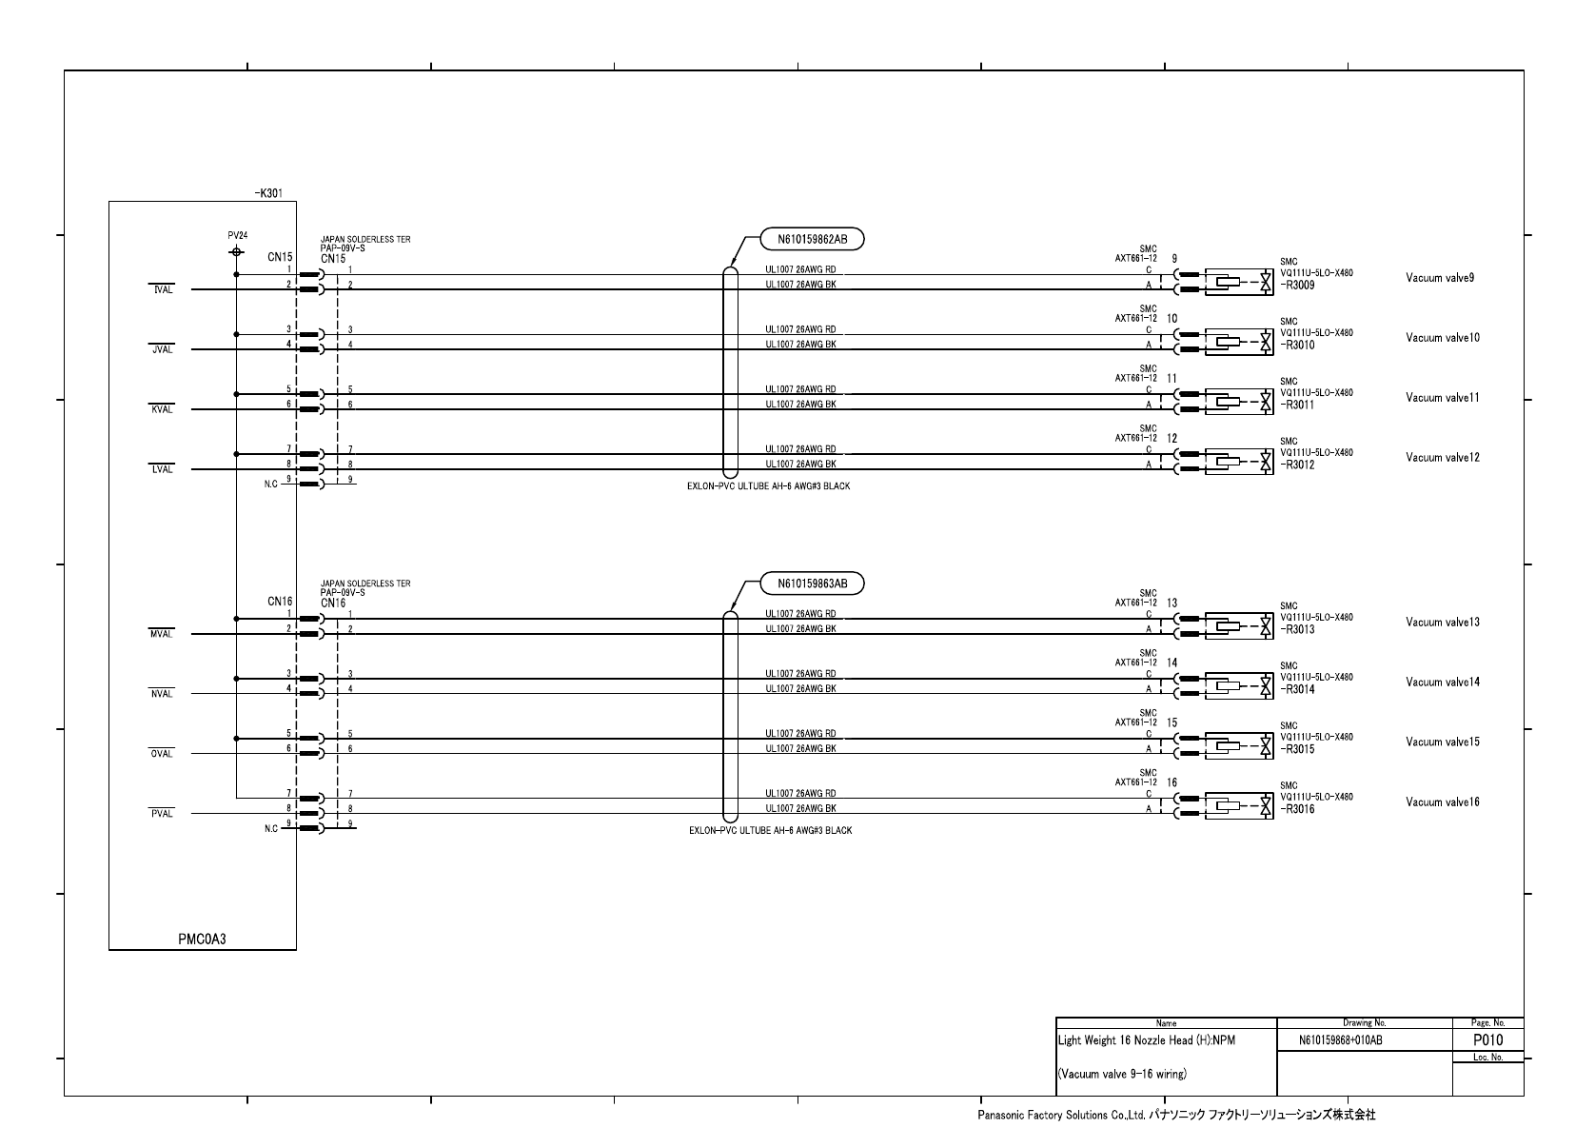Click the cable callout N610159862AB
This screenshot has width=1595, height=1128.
812,240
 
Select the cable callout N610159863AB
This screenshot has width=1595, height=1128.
812,584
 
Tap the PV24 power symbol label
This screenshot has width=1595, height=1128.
237,235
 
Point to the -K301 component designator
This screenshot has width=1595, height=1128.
269,192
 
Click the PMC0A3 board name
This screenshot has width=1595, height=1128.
202,939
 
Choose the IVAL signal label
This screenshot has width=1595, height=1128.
162,289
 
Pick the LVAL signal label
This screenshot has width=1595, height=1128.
162,469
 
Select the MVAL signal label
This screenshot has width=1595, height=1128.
162,634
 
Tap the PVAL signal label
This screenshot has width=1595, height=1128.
162,814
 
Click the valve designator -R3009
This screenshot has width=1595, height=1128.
1298,285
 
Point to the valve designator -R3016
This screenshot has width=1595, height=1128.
1298,809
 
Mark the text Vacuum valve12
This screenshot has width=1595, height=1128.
1443,458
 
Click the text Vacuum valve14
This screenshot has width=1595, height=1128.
1443,683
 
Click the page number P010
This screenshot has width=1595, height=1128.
1487,1039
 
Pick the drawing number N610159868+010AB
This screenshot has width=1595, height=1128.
1340,1040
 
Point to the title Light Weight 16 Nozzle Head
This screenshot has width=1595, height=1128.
1147,1040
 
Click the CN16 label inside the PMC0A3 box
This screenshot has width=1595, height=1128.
280,602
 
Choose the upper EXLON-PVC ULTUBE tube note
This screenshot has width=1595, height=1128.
769,486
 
